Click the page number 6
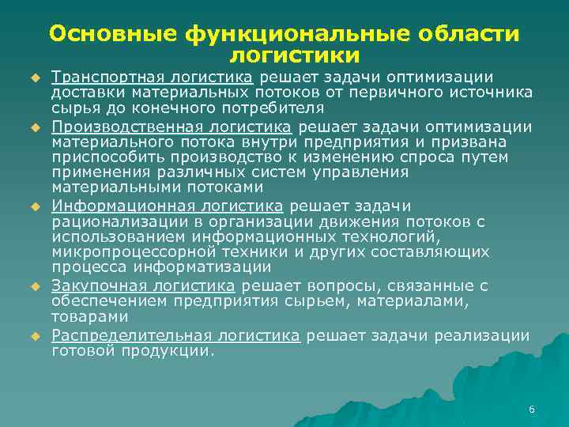click(x=531, y=410)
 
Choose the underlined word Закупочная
click(x=89, y=285)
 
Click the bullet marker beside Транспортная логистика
click(x=36, y=77)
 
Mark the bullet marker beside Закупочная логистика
click(x=36, y=286)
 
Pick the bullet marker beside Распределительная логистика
click(x=36, y=336)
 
